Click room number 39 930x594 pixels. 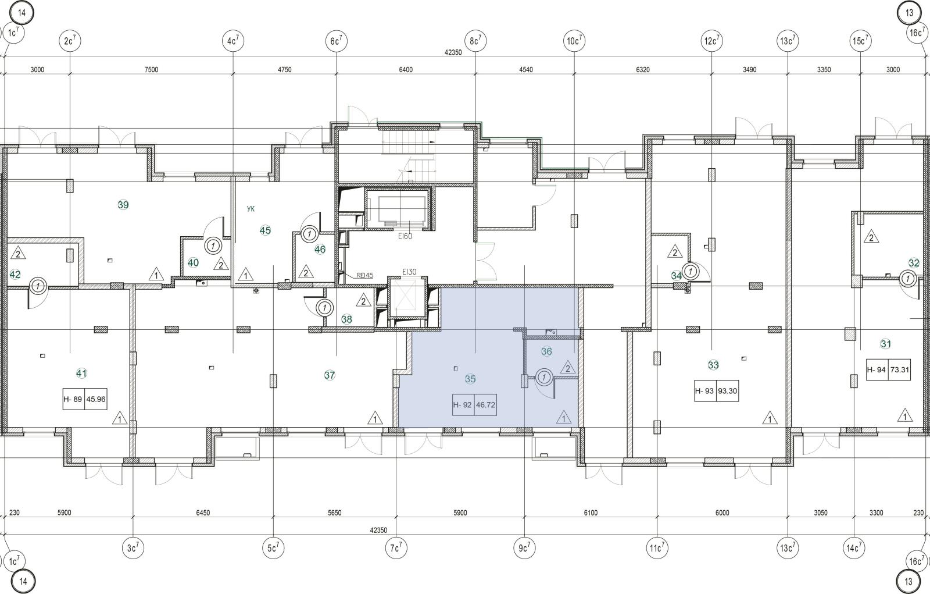tap(123, 205)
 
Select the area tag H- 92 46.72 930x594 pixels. tap(474, 405)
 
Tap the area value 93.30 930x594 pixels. tap(727, 391)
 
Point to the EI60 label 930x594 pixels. tap(405, 237)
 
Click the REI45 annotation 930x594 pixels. tap(364, 275)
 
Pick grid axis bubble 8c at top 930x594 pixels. tap(475, 41)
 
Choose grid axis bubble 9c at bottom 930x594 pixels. tap(524, 548)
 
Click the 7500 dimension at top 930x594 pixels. tap(151, 69)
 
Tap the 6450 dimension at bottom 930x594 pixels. tap(203, 513)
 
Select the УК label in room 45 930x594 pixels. tap(251, 209)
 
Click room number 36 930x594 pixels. tap(546, 351)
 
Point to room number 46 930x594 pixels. tap(320, 250)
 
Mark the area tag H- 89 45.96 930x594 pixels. tap(85, 399)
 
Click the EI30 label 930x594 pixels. tap(409, 272)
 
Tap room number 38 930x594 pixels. tap(346, 319)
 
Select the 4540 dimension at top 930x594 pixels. tap(526, 69)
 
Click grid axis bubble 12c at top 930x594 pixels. tap(711, 41)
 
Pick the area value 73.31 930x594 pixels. tap(900, 369)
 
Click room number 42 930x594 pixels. tap(15, 275)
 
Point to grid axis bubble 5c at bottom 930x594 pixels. tap(273, 548)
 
